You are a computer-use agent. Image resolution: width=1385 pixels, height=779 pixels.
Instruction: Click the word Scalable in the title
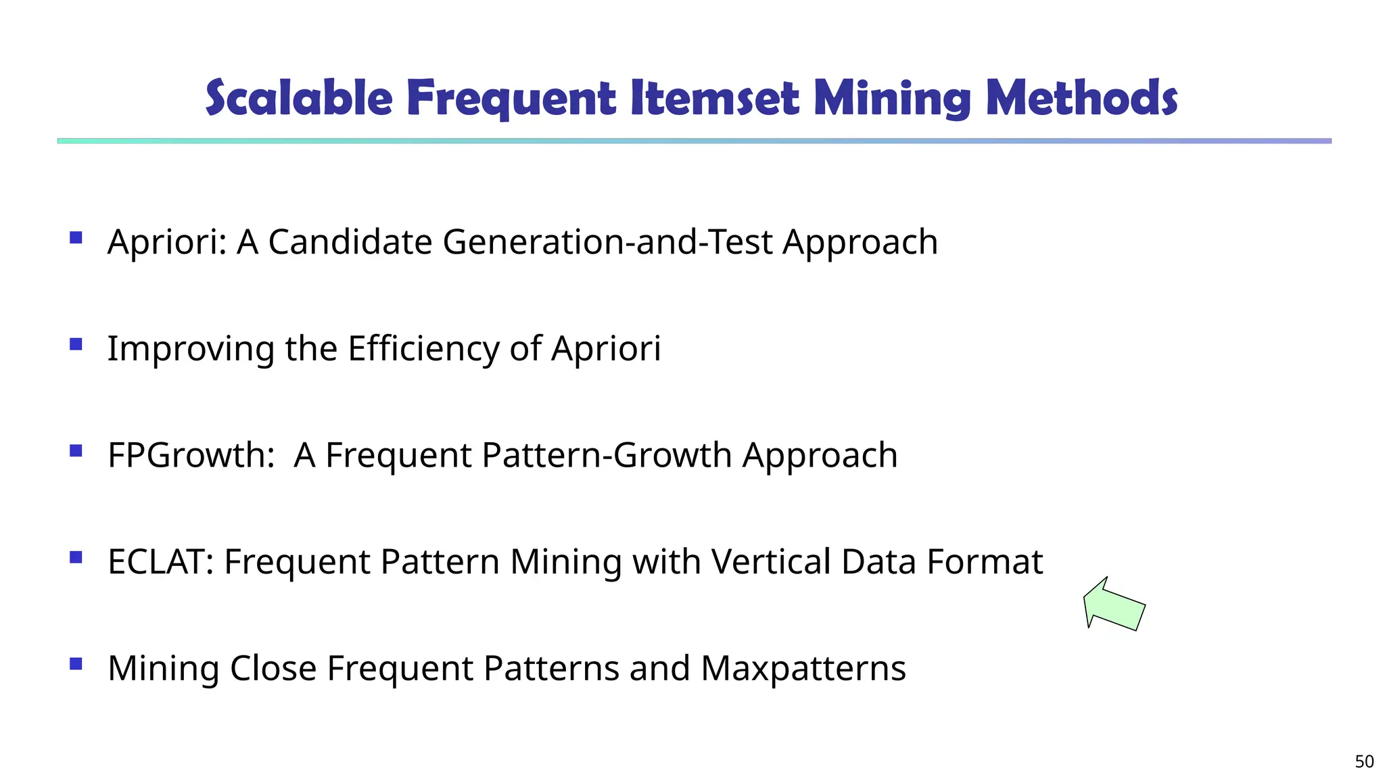point(299,98)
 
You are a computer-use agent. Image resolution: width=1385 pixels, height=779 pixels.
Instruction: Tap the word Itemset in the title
point(715,98)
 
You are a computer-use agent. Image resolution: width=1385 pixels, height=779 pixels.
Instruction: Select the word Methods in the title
point(1081,98)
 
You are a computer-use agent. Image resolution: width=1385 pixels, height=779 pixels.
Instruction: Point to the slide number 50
point(1364,761)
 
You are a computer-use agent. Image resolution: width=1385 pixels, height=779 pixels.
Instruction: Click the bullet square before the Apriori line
point(76,237)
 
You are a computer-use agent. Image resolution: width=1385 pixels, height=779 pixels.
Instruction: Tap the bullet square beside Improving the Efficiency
point(76,344)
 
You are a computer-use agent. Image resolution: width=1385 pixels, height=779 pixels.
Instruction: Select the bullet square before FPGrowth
point(76,450)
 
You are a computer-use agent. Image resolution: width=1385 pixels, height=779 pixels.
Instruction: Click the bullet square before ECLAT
point(76,557)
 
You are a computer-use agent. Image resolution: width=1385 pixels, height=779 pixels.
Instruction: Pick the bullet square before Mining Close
point(76,664)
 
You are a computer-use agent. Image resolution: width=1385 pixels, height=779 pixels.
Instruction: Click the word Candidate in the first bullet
point(350,241)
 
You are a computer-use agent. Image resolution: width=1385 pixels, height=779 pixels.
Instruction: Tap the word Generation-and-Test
point(607,241)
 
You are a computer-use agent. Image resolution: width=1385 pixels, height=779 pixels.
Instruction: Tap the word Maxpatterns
point(803,668)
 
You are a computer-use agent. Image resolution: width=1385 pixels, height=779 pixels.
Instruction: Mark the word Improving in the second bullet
point(191,350)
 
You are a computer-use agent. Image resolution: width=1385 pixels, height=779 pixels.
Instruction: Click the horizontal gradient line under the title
point(694,141)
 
